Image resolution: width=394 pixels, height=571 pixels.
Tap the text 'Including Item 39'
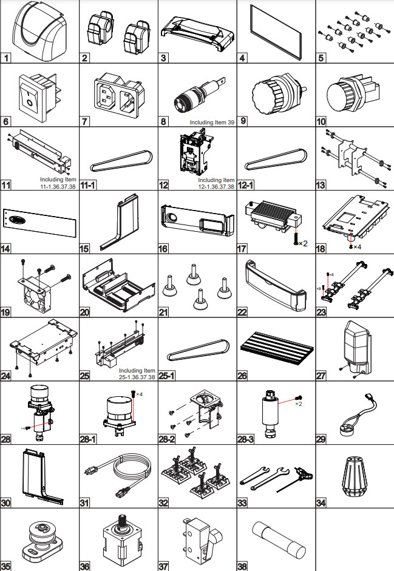coord(212,123)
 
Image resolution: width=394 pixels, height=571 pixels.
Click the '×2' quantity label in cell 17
coord(303,243)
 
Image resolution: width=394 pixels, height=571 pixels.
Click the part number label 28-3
coord(246,439)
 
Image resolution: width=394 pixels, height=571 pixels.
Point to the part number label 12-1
coord(246,185)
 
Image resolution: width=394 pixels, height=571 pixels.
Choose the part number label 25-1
coord(167,376)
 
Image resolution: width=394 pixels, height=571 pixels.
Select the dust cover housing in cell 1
coord(41,31)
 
